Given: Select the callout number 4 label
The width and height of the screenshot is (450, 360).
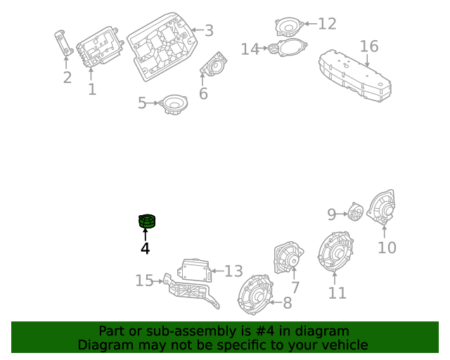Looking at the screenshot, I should (x=145, y=248).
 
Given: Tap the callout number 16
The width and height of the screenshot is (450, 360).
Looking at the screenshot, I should (x=369, y=47).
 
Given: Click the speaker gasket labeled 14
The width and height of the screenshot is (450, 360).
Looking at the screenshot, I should (x=286, y=49).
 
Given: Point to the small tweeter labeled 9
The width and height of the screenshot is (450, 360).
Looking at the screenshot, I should (x=356, y=212).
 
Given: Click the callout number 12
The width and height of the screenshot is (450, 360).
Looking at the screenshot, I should (x=327, y=24).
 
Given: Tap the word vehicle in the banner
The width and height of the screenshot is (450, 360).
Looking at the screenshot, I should (x=345, y=345).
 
